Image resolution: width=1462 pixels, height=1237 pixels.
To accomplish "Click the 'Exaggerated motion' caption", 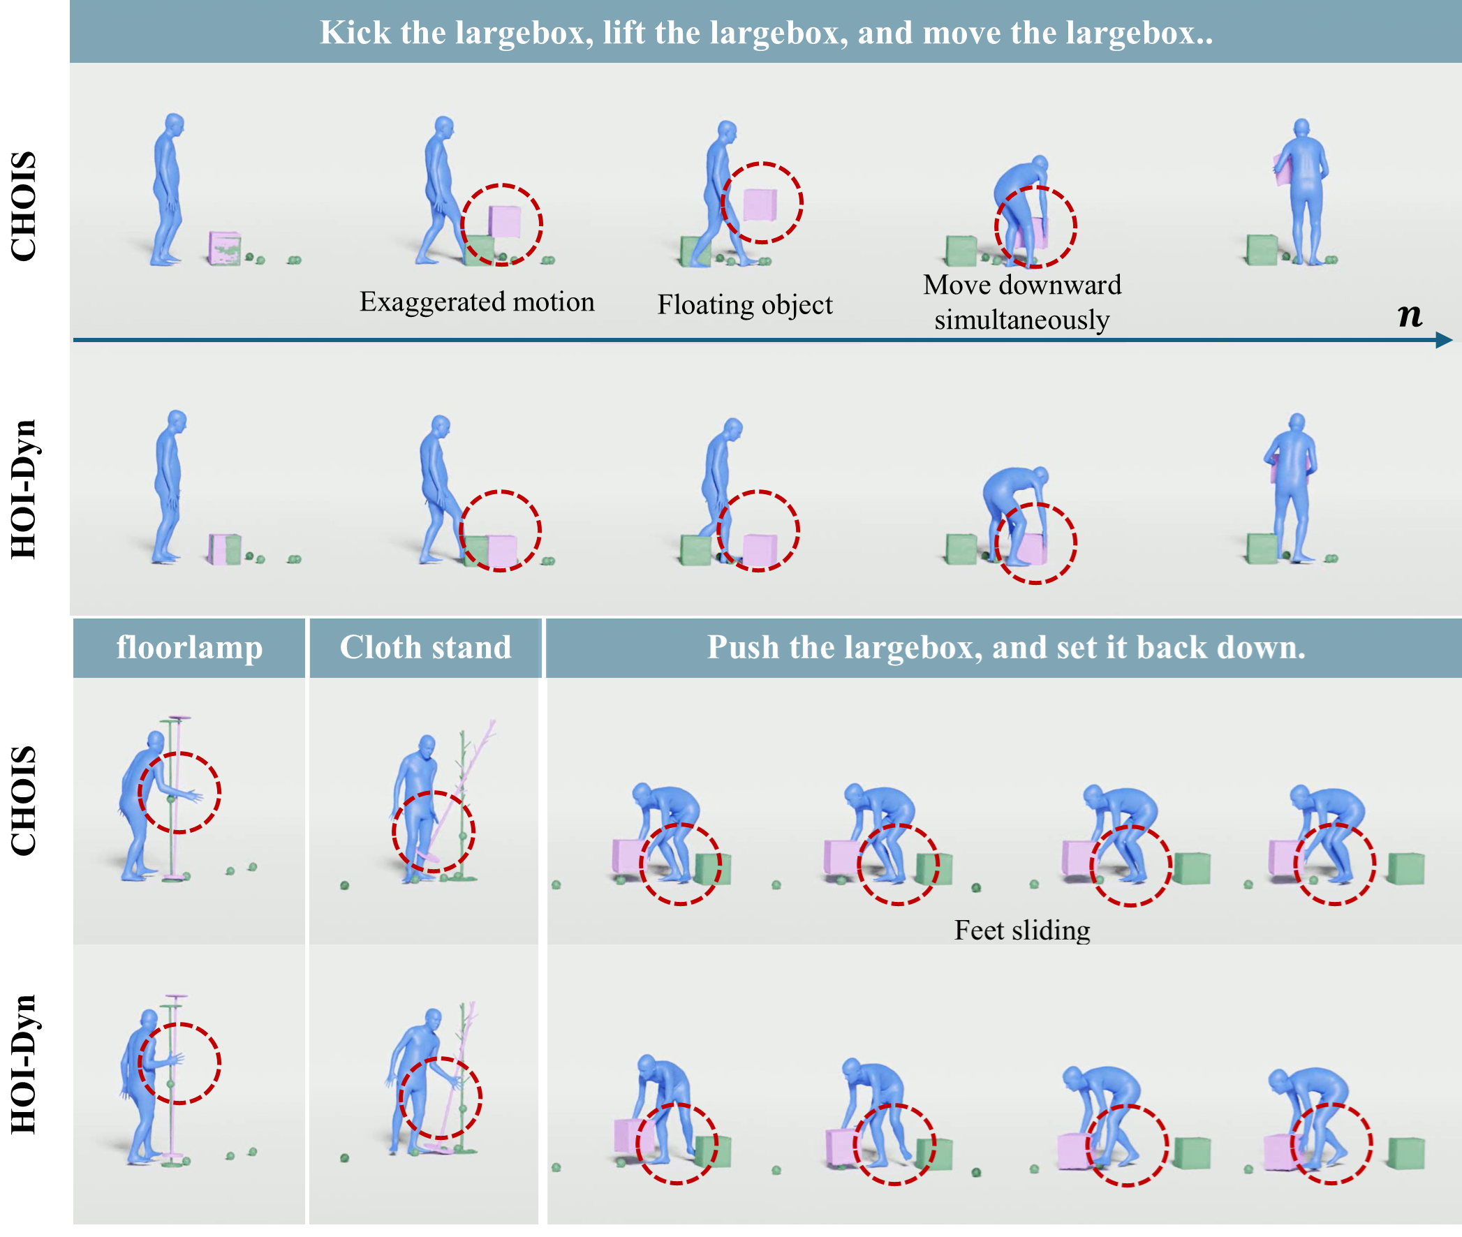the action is [477, 302].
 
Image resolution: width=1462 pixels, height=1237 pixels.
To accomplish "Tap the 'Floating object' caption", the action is [745, 305].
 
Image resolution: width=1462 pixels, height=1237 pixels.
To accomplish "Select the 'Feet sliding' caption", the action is [1021, 931].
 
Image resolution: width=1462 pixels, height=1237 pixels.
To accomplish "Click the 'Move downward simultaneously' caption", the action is [1021, 302].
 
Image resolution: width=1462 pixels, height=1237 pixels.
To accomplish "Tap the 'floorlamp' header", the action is [189, 646].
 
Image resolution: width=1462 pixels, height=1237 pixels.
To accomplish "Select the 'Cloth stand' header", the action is [426, 646].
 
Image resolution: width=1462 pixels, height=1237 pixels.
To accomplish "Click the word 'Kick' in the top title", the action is [355, 33].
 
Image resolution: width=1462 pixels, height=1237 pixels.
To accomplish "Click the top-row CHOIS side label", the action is [23, 206].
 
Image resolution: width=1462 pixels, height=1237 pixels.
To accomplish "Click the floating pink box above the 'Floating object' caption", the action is [760, 204].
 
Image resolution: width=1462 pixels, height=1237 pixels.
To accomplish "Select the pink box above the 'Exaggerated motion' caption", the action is [505, 221].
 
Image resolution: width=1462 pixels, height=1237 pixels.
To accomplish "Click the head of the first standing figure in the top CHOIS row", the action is [174, 124].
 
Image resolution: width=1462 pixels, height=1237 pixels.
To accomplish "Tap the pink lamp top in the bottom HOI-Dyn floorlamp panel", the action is [176, 996].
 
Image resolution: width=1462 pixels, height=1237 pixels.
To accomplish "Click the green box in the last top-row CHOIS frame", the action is [1262, 249].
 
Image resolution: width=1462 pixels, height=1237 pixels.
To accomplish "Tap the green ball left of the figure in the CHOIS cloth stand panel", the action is [344, 886].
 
